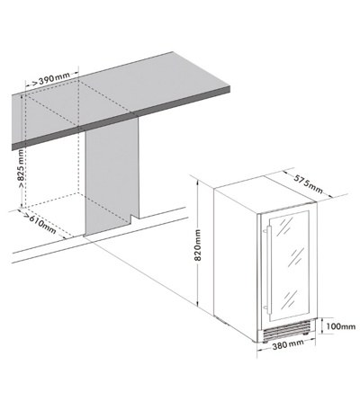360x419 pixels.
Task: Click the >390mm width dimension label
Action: [x=50, y=79]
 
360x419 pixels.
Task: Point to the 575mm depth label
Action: [x=308, y=183]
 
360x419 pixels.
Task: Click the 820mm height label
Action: [x=198, y=245]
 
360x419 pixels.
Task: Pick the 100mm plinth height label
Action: [x=341, y=326]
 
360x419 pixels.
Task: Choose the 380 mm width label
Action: [x=288, y=345]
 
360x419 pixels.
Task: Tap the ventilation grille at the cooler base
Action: [x=286, y=331]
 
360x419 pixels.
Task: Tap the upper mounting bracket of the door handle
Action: [x=265, y=230]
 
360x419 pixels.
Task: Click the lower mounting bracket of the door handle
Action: [x=265, y=308]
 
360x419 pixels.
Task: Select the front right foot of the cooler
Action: [x=305, y=333]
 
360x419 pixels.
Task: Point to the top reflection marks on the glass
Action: [x=285, y=225]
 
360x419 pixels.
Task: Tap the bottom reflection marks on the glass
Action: [x=290, y=299]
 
